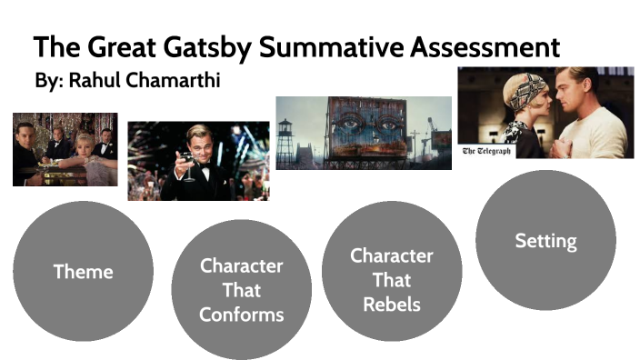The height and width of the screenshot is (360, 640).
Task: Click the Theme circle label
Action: click(x=83, y=271)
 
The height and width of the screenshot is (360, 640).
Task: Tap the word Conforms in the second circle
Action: click(x=241, y=315)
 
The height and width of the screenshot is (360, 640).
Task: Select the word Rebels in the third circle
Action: click(x=392, y=304)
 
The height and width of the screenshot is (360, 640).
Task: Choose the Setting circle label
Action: click(x=545, y=241)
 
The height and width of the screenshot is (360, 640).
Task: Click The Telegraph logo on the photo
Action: click(x=486, y=151)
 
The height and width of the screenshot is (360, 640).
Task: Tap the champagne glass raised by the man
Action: click(x=188, y=161)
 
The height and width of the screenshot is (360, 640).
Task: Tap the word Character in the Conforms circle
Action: click(x=241, y=266)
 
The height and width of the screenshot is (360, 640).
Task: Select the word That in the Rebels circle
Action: click(x=392, y=279)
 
